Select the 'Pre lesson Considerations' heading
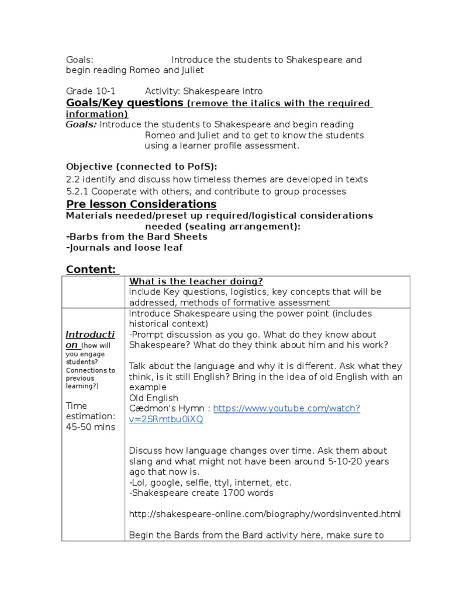click(141, 204)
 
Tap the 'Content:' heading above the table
click(91, 269)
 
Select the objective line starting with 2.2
click(216, 180)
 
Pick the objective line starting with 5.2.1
click(206, 192)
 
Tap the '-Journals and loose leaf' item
click(124, 248)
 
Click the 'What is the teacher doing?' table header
click(196, 281)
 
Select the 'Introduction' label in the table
click(90, 340)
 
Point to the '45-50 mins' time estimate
click(91, 427)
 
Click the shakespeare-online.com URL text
click(265, 514)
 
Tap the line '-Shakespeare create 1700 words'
click(201, 493)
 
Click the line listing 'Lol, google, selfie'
click(210, 482)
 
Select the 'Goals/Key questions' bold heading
click(125, 103)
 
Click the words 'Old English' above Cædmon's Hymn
click(153, 398)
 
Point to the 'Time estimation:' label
click(91, 411)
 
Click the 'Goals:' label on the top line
click(80, 60)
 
